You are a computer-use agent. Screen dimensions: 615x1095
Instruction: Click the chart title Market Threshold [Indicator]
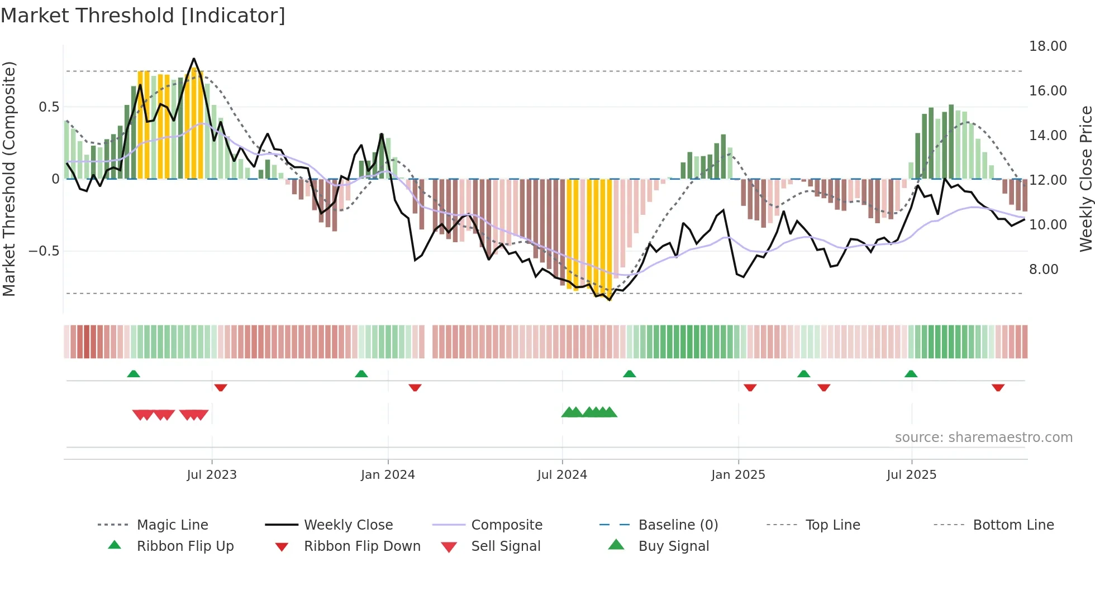pos(143,16)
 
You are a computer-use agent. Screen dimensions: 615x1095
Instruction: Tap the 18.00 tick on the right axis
pos(1048,46)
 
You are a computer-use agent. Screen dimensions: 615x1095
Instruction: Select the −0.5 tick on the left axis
pos(44,251)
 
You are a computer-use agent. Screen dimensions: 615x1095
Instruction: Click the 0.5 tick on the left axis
pos(49,107)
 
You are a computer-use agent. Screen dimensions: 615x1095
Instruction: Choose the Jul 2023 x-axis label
pos(212,475)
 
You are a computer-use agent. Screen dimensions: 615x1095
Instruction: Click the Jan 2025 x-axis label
pos(738,475)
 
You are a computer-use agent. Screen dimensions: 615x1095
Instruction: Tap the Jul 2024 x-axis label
pos(562,475)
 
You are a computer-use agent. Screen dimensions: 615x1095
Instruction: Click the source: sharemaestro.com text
pos(983,438)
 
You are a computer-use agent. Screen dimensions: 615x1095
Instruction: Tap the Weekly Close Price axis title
pos(1086,179)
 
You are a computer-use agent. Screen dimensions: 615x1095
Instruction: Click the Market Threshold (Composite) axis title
pos(9,179)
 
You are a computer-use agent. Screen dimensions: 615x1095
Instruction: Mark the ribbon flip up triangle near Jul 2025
pos(911,374)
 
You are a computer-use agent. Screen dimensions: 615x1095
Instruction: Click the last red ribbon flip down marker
pos(998,388)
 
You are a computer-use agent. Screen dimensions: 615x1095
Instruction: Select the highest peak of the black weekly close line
pos(194,59)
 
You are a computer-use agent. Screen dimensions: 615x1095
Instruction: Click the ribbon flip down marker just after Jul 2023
pos(221,388)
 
